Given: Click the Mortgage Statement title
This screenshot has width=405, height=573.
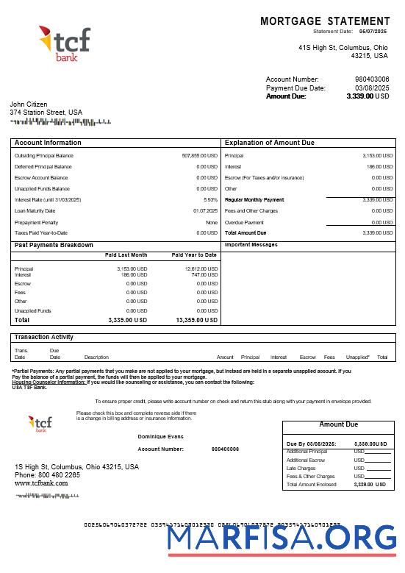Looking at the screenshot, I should (325, 21).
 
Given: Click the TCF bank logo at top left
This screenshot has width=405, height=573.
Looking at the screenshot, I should (64, 43).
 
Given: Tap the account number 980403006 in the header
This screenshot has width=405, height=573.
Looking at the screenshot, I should (372, 79).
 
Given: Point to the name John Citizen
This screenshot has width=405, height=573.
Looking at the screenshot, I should (29, 104).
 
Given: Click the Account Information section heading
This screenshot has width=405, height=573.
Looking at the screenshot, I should (48, 143).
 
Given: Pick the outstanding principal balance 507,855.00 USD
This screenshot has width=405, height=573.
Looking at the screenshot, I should (199, 156).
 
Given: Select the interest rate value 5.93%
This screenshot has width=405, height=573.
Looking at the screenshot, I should (210, 200).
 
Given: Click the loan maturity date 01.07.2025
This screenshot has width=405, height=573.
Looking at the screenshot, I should (205, 211).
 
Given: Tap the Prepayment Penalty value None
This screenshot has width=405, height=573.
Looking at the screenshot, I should (212, 222).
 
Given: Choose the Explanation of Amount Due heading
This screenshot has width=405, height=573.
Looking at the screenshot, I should (269, 143).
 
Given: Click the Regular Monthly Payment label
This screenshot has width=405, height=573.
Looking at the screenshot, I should (254, 200).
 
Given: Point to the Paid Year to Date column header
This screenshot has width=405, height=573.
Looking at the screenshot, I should (194, 255).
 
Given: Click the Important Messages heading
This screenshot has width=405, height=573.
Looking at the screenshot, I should (251, 244).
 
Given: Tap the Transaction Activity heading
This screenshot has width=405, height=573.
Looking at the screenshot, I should (44, 337).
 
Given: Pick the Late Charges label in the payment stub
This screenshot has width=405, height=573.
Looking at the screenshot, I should (301, 469).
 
